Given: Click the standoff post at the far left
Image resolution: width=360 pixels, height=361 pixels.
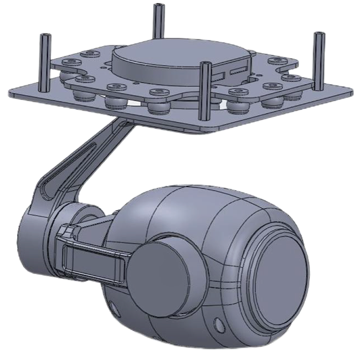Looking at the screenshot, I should coord(43,61).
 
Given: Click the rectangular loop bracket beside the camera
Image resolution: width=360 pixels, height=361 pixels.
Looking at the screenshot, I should coord(91,260).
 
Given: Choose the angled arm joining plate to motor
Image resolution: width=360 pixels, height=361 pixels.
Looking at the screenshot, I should coord(83,166).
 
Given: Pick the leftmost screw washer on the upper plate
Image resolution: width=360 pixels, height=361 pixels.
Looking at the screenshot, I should coord(69,61).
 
